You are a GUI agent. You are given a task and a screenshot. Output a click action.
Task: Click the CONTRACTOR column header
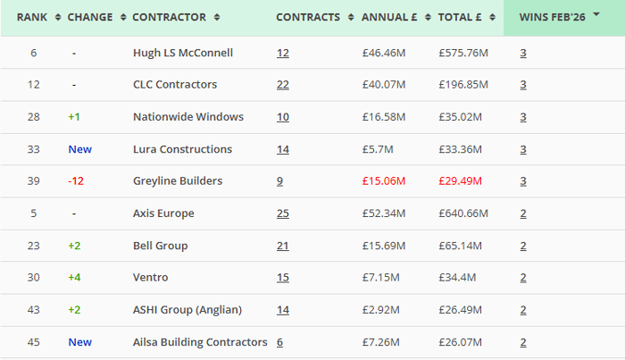tap(169, 17)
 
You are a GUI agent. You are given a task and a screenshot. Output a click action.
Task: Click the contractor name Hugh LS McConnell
tap(182, 53)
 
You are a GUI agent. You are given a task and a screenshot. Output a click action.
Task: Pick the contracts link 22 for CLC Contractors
tap(283, 85)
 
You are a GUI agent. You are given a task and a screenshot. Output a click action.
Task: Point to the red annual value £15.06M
tap(384, 181)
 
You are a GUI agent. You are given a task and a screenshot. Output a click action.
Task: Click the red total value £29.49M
tap(461, 181)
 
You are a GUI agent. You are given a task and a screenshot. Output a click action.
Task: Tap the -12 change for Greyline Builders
tap(77, 181)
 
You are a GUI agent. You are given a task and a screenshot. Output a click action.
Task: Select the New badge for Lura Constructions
tap(79, 149)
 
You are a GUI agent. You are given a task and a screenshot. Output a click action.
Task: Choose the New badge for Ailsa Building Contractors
tap(79, 342)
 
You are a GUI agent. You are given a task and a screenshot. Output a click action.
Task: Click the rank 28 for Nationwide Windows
tap(34, 117)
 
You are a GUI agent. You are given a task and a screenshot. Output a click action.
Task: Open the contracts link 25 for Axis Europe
tap(283, 213)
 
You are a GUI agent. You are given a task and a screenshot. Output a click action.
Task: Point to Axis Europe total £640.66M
tap(463, 213)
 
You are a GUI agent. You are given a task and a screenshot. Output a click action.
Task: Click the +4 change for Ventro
tap(75, 278)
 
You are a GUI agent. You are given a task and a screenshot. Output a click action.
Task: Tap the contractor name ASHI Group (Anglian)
tap(187, 310)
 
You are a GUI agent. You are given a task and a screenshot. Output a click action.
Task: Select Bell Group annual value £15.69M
tap(384, 246)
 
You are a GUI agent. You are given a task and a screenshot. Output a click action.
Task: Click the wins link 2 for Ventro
tap(523, 278)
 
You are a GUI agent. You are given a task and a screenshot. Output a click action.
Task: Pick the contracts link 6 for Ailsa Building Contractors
tap(279, 342)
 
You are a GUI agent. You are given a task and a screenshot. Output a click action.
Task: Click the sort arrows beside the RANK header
tap(58, 17)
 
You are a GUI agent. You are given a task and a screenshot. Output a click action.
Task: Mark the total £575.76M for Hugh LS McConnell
tap(463, 53)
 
